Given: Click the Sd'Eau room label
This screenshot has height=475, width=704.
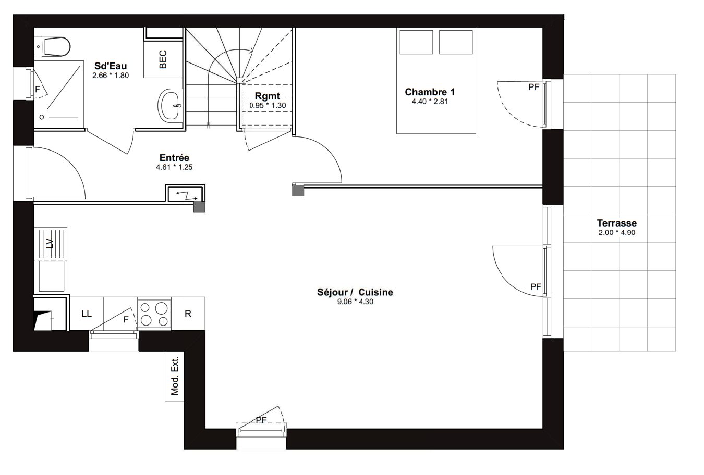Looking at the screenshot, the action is click(x=111, y=66).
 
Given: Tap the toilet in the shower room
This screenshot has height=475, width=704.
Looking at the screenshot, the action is click(x=54, y=47).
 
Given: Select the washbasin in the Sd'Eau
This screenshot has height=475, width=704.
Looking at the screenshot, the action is click(x=170, y=106).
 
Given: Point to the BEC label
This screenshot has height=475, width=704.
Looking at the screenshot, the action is click(x=163, y=59).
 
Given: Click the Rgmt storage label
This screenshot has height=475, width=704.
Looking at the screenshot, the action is click(x=267, y=96).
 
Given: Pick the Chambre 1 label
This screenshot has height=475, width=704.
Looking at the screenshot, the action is click(x=430, y=92).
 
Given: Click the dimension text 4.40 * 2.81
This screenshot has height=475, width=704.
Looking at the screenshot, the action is click(x=430, y=102).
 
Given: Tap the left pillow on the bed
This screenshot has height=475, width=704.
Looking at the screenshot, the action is click(x=416, y=42).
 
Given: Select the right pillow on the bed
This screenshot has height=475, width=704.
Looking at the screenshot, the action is click(x=456, y=42).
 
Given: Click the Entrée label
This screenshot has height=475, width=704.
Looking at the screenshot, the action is click(x=174, y=158).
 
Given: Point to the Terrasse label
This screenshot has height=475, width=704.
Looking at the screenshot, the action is click(x=616, y=223).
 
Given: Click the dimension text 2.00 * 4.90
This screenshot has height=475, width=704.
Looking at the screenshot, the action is click(x=616, y=233).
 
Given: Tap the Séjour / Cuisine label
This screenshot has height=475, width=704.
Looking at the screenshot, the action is click(x=355, y=292).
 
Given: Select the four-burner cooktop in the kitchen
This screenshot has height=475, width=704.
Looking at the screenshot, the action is click(x=154, y=314).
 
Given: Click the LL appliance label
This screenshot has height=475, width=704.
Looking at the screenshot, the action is click(x=87, y=314).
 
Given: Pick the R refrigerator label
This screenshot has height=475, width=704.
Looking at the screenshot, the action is click(x=188, y=314).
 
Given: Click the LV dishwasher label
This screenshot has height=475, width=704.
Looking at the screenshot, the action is click(x=50, y=244).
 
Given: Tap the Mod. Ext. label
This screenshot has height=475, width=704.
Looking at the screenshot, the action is click(x=174, y=376).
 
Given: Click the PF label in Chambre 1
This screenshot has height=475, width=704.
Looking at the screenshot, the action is click(x=533, y=87).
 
